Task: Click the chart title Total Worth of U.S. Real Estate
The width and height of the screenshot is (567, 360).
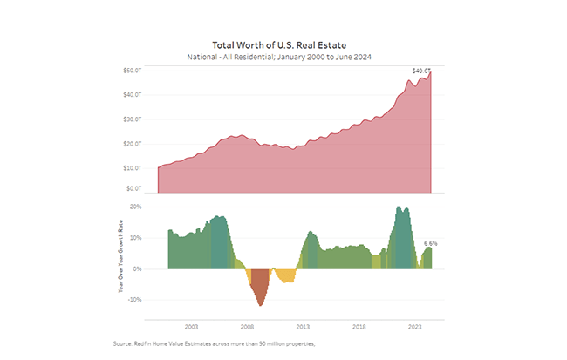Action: tap(283, 44)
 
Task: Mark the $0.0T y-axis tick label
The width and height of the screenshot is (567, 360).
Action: tap(133, 188)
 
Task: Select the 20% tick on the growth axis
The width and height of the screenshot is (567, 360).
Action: tap(135, 207)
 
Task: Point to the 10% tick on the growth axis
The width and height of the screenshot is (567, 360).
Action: tap(135, 238)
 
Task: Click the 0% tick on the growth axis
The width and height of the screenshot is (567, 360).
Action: tap(137, 268)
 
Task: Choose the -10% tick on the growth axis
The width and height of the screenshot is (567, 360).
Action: tap(134, 300)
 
